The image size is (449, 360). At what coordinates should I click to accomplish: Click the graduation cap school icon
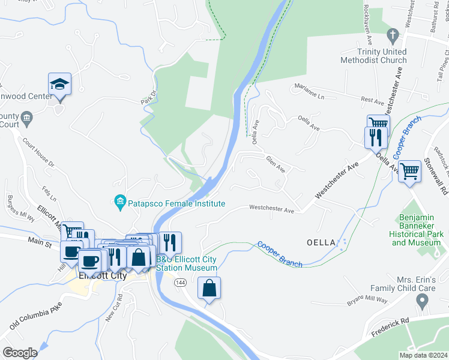60,84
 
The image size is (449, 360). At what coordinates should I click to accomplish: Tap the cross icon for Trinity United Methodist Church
393,35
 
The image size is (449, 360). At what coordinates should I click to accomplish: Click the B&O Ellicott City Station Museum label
187,263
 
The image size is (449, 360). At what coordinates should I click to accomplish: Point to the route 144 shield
179,281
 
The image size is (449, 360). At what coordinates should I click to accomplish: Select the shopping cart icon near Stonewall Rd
409,171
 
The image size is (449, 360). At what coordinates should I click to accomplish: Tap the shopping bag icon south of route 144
209,288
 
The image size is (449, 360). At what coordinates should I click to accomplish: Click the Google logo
20,353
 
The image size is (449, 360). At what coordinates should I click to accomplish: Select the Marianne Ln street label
309,92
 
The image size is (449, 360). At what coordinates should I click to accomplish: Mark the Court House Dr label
39,152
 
